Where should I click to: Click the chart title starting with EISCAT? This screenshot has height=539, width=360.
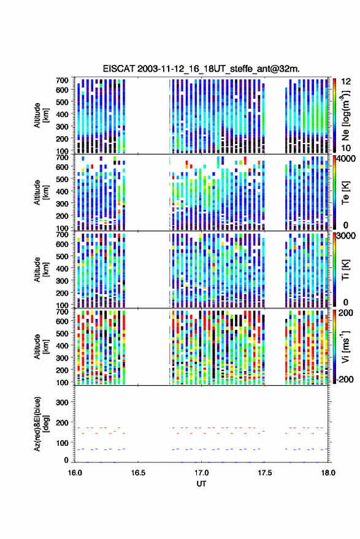pos(202,69)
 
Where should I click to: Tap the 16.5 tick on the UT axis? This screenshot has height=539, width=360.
pos(138,473)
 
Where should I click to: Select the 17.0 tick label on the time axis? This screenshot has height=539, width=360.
pos(202,473)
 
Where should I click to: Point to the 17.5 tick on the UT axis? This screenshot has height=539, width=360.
pos(265,473)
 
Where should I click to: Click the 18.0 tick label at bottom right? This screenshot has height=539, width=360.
pos(328,473)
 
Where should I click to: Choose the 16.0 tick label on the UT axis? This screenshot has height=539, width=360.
pos(75,473)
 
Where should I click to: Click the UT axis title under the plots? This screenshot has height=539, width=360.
pos(202,484)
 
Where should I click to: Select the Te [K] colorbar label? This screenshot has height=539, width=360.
pos(345,193)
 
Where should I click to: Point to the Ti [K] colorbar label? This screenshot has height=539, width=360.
pos(345,270)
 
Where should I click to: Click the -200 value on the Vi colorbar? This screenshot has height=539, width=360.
pos(345,380)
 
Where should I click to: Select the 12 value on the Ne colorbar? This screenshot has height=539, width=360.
pos(347,82)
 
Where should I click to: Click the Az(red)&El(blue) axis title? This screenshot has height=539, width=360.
pos(41,424)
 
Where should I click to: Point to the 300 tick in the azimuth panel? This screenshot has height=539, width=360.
pos(62,402)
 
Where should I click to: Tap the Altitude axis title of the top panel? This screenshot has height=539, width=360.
pos(41,115)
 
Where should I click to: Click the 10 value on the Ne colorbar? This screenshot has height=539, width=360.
pos(346,148)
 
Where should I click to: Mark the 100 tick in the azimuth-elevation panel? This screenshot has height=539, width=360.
pos(62,443)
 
